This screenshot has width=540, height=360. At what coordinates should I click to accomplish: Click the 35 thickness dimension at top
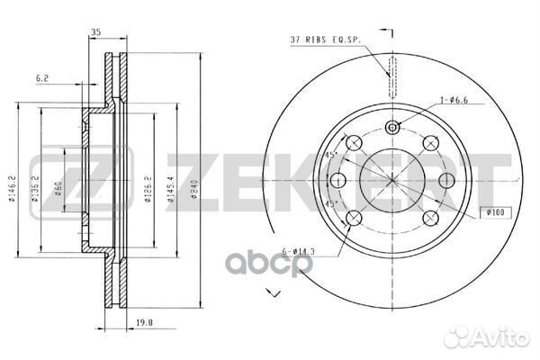click(94, 35)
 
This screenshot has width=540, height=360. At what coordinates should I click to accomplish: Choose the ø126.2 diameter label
click(148, 185)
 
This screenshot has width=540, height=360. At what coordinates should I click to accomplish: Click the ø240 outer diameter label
click(193, 185)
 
